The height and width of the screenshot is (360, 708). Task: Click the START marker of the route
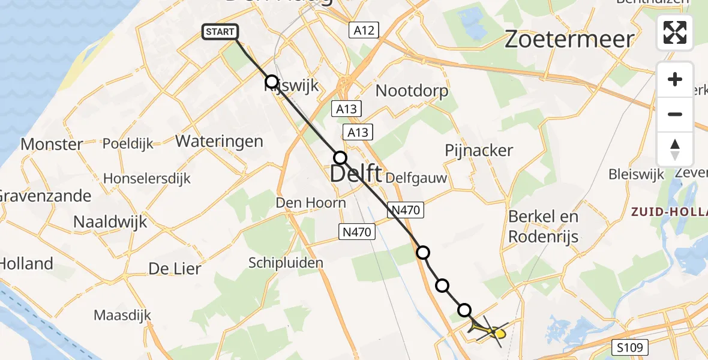221,32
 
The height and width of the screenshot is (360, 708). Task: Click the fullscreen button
675,32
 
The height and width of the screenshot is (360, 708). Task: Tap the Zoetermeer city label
569,40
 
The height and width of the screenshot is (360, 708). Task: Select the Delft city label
356,175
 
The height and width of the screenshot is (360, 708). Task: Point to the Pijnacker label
479,150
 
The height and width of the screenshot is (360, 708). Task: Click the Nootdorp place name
412,91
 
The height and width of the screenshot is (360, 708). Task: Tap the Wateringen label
219,142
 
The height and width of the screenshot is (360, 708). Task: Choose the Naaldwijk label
110,221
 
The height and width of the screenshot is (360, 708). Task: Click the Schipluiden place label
286,262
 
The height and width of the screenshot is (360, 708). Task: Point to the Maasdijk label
122,315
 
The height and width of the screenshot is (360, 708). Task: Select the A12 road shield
364,30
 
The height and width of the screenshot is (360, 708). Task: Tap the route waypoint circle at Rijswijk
272,82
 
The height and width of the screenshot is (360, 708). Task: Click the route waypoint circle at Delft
340,158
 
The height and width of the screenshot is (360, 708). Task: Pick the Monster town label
52,144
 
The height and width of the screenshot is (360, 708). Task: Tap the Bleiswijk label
637,175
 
